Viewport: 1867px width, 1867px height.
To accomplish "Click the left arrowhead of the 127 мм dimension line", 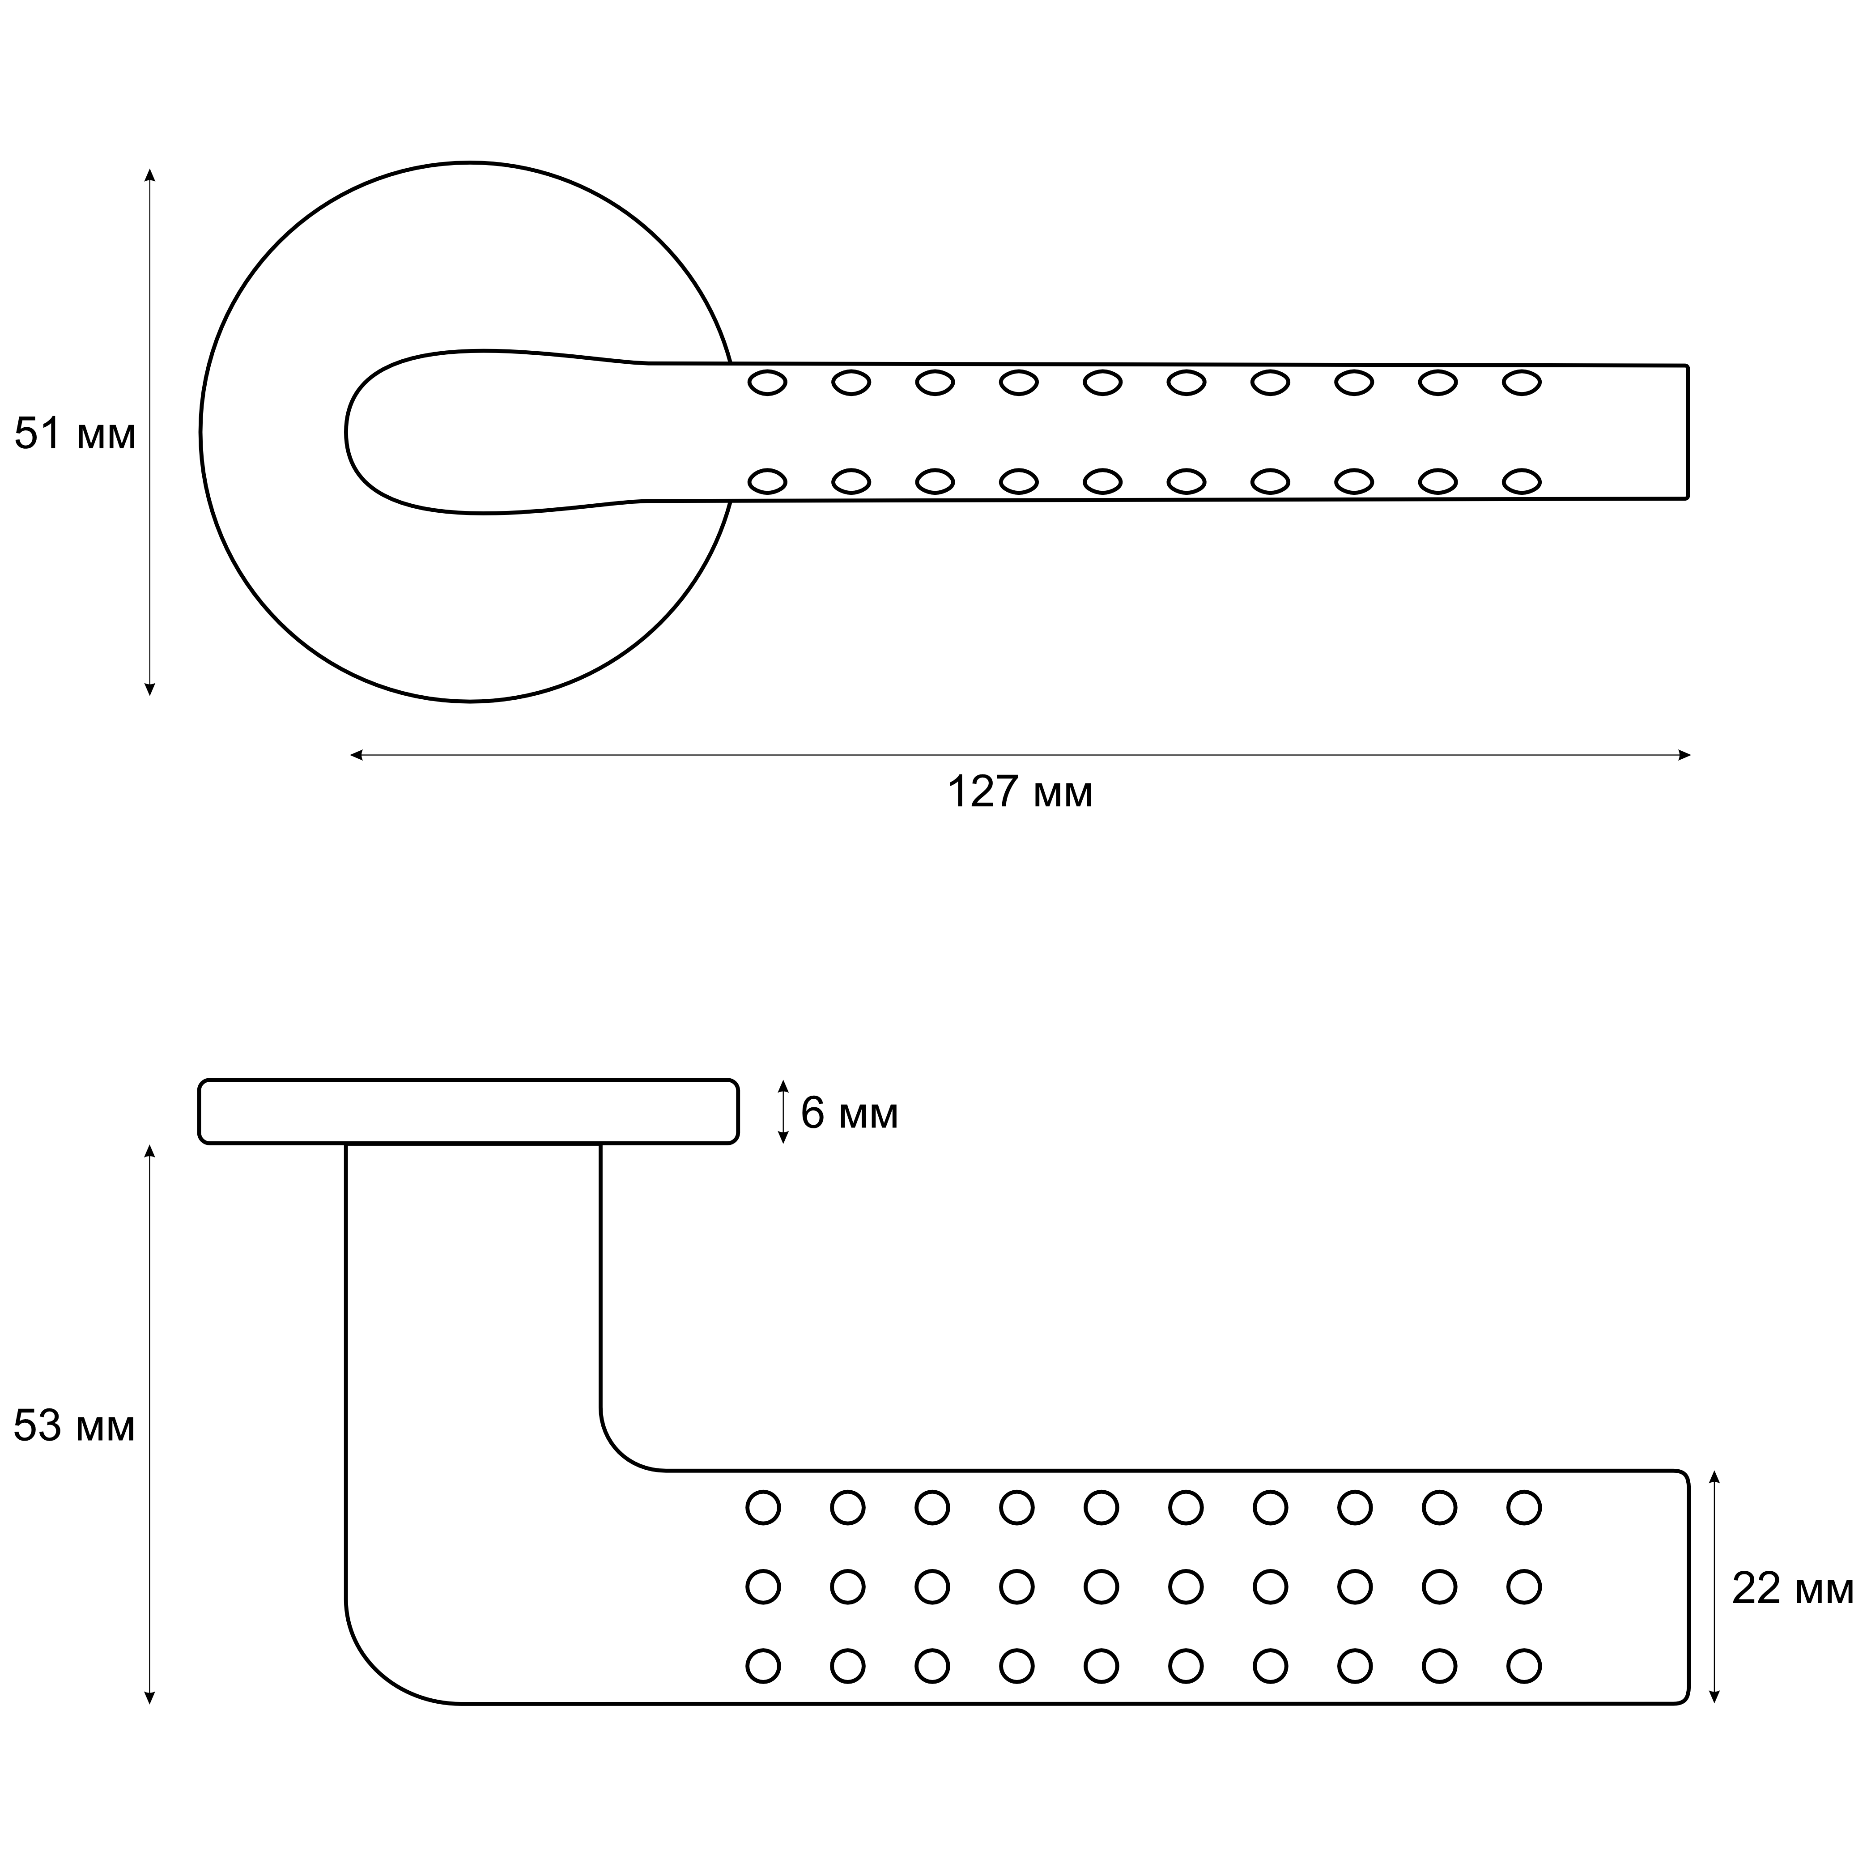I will click(x=356, y=755).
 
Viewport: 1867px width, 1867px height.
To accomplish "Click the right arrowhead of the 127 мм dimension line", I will click(x=1684, y=755).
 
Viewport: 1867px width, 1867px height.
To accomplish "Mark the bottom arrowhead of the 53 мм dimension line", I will click(x=150, y=1697).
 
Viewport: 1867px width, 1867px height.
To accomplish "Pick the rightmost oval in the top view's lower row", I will click(x=1522, y=481).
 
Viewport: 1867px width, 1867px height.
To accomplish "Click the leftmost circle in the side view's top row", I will click(x=763, y=1508).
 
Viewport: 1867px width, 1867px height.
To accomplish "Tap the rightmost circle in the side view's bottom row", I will click(x=1524, y=1666).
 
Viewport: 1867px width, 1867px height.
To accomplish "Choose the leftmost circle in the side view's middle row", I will click(x=763, y=1587).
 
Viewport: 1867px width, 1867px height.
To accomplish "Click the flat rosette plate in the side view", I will click(x=469, y=1111).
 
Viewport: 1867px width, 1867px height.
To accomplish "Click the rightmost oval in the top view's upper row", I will click(x=1522, y=383).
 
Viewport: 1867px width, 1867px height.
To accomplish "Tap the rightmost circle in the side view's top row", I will click(x=1524, y=1508).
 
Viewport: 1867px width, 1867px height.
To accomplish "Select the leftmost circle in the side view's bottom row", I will click(x=763, y=1666).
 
